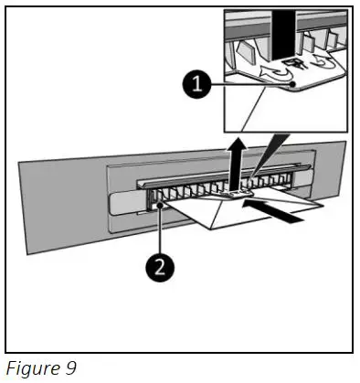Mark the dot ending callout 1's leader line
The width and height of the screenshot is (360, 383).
292,87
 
